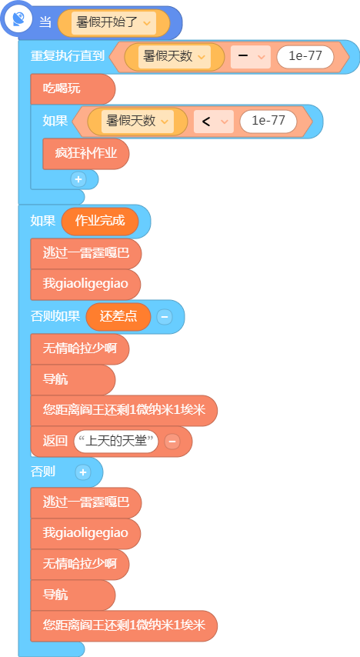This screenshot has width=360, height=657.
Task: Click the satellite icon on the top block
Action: (x=18, y=18)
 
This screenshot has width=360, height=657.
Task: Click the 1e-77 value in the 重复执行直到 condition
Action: (x=305, y=57)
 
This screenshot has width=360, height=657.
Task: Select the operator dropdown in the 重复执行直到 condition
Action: (x=251, y=57)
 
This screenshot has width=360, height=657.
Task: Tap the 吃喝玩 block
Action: (x=72, y=88)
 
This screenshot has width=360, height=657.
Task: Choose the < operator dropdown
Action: (x=213, y=122)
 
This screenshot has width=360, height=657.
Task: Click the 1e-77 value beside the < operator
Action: (x=268, y=122)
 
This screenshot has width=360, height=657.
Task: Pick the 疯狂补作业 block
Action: (x=86, y=154)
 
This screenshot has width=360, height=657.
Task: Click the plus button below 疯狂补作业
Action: (x=78, y=179)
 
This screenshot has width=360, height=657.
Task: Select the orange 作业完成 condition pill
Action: (x=100, y=221)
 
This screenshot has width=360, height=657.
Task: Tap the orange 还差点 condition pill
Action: (x=118, y=316)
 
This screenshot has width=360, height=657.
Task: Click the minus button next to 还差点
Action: (x=165, y=317)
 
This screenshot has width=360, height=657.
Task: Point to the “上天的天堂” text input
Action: (x=116, y=442)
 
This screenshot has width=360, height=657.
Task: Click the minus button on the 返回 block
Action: (x=172, y=442)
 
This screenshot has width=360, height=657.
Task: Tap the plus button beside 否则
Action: (x=83, y=472)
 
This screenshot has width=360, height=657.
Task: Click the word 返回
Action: (x=55, y=442)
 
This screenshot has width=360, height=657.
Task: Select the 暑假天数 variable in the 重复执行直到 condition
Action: (x=175, y=57)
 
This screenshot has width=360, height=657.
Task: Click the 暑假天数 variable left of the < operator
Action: (x=138, y=122)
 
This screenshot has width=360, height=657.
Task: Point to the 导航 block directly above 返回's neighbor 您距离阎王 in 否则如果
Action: (x=72, y=379)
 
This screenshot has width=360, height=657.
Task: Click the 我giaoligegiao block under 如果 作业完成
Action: (x=85, y=285)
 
